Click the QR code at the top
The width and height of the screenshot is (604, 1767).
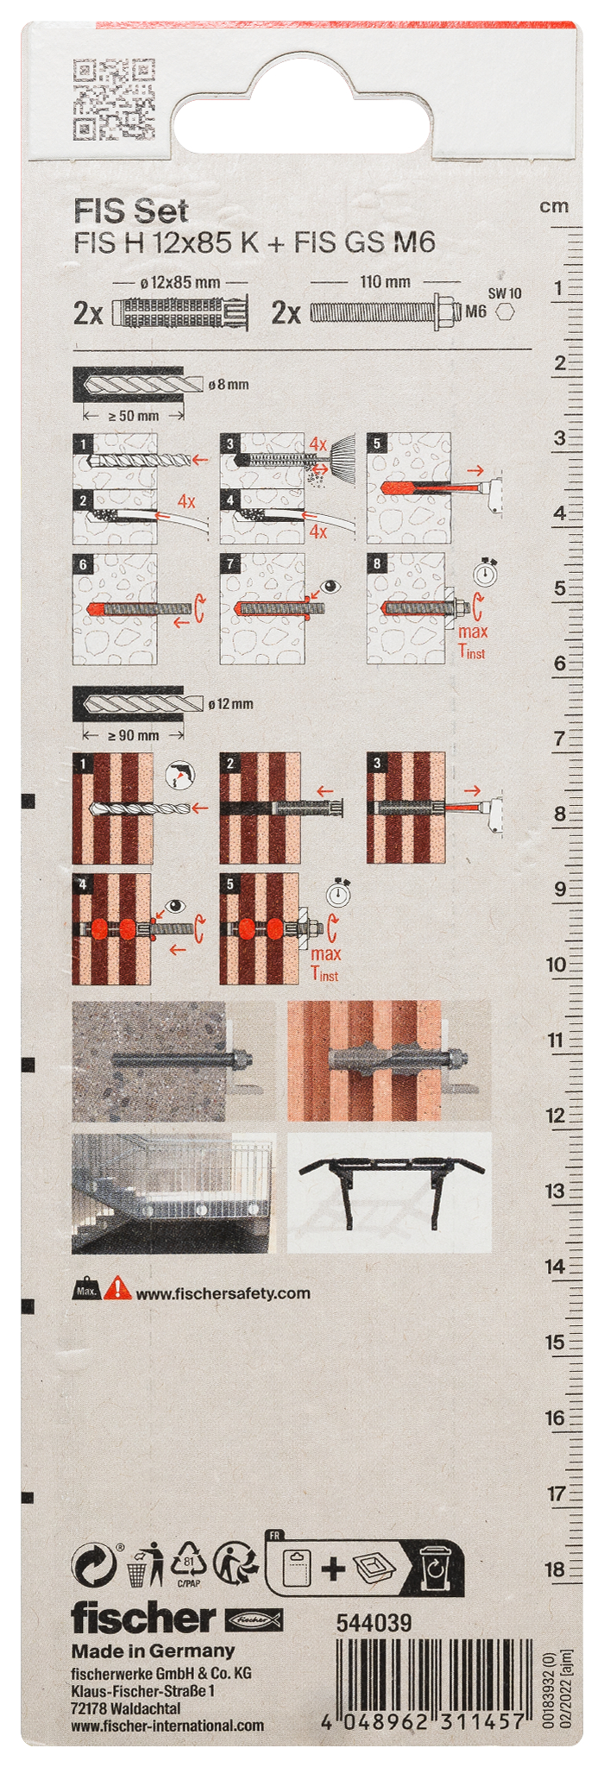click(x=114, y=99)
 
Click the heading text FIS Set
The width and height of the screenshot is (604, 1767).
click(x=130, y=211)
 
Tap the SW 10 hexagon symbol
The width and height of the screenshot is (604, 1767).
click(x=505, y=312)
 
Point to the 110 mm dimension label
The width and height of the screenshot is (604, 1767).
click(x=385, y=281)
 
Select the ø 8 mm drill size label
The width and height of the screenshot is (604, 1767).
click(x=229, y=384)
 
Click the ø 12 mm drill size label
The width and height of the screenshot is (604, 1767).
click(x=230, y=704)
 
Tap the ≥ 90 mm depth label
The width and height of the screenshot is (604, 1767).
click(x=133, y=735)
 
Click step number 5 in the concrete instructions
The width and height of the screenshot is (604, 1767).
click(x=377, y=443)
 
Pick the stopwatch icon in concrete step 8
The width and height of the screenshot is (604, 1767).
click(x=486, y=572)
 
